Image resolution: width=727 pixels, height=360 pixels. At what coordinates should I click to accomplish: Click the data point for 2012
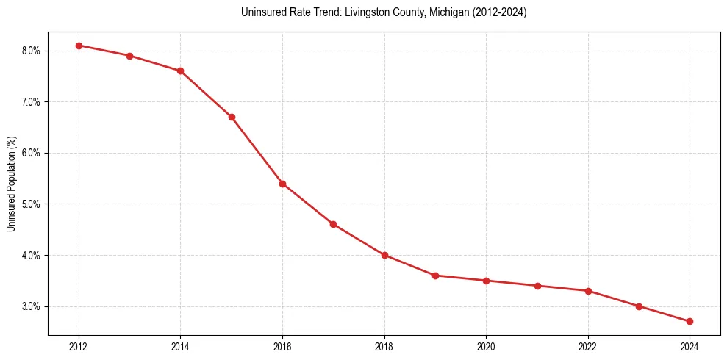click(79, 46)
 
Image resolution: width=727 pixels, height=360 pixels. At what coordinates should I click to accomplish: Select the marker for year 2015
click(232, 117)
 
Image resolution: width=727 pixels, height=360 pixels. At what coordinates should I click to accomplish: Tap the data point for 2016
click(282, 184)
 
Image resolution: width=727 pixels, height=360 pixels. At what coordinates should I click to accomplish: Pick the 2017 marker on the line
click(333, 224)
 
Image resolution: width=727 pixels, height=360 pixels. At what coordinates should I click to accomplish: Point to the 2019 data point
click(435, 276)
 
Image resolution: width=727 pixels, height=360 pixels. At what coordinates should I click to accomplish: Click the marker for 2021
click(537, 286)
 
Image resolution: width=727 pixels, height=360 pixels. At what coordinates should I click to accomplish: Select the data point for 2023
click(639, 306)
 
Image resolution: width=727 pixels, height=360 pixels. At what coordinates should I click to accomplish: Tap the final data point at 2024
click(690, 321)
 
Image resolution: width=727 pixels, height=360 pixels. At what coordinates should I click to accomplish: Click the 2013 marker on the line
click(129, 56)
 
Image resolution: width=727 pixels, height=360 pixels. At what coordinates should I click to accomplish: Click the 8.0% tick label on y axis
click(32, 51)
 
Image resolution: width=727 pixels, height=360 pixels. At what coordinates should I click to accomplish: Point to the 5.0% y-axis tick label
click(32, 204)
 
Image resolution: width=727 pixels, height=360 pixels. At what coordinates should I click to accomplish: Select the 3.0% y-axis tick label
click(32, 306)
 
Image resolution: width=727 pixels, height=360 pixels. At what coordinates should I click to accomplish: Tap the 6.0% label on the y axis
click(32, 153)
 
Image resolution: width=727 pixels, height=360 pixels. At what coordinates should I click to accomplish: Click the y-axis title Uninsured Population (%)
click(11, 184)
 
